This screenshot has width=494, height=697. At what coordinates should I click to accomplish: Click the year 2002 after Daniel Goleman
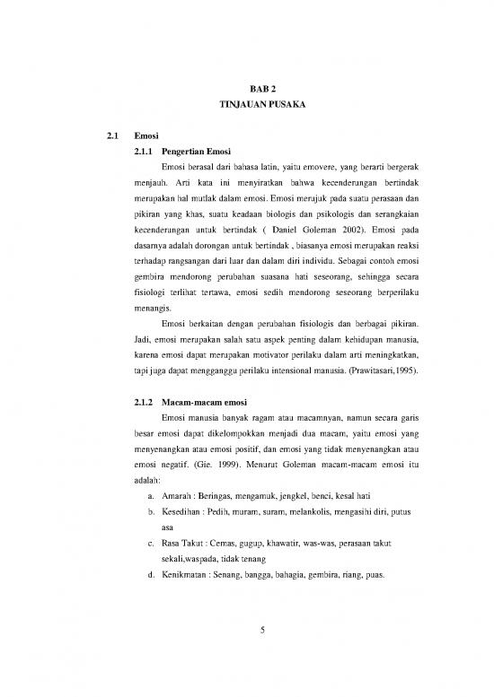[x=340, y=228]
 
